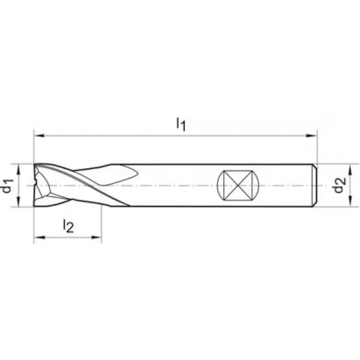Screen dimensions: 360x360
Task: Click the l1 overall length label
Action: [181, 124]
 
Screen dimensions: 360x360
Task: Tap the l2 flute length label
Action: [68, 226]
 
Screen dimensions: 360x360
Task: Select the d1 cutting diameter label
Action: [7, 186]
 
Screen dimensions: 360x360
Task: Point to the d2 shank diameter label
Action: [340, 185]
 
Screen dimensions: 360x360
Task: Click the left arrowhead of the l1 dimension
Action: [39, 136]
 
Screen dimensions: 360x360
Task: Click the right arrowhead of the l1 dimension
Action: [312, 136]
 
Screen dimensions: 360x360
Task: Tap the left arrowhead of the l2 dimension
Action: [39, 237]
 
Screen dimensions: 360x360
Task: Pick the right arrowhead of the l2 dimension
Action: [96, 237]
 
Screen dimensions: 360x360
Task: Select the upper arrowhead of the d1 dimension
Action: [19, 169]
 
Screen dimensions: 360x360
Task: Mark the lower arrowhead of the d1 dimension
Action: [19, 202]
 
